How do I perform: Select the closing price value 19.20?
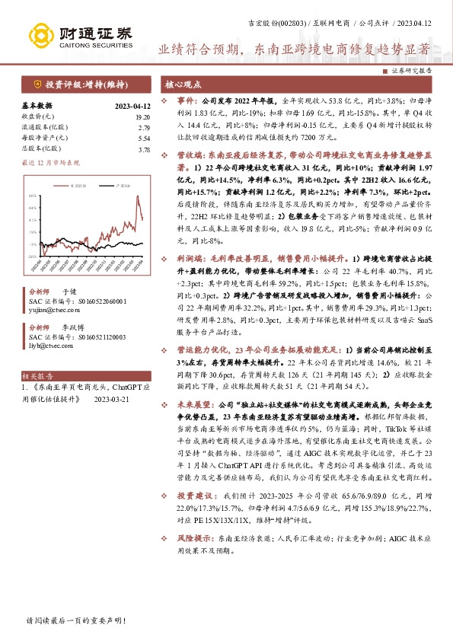(x=142, y=116)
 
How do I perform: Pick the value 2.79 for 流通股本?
(x=144, y=128)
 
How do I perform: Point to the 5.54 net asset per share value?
(x=144, y=139)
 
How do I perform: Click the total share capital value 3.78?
(x=144, y=150)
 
